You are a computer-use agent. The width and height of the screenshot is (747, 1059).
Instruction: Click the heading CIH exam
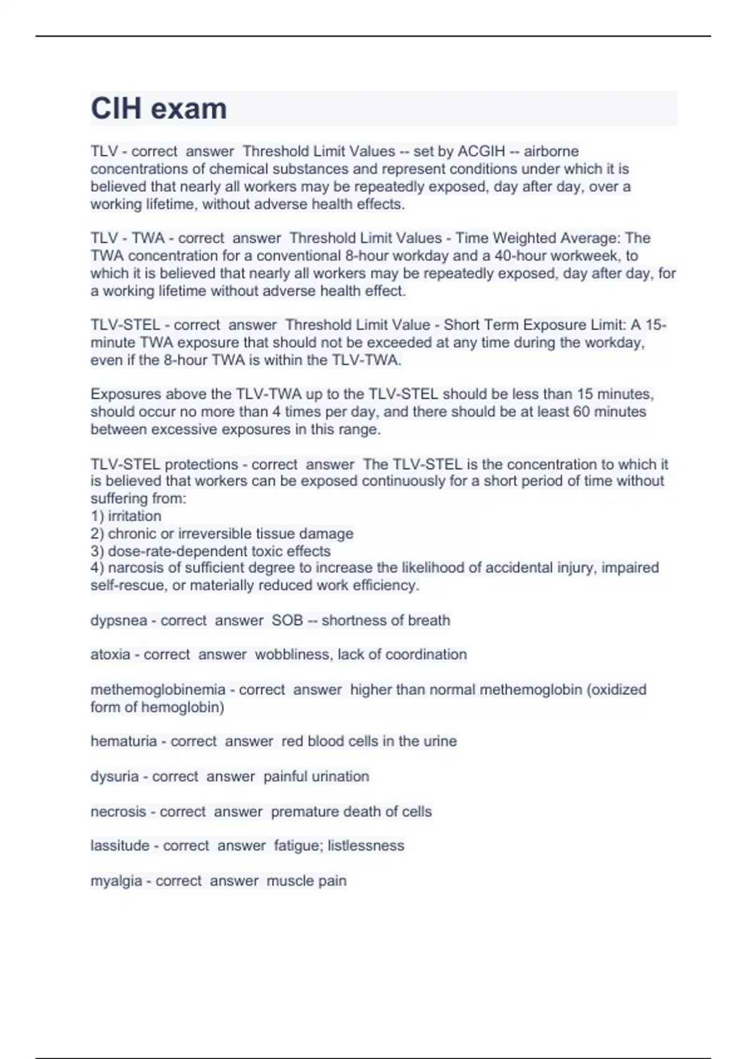pyautogui.click(x=159, y=109)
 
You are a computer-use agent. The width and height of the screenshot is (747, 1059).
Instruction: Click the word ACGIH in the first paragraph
pyautogui.click(x=481, y=151)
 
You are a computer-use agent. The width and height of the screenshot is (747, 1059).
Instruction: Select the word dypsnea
pyautogui.click(x=119, y=621)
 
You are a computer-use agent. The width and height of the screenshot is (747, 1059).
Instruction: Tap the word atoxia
pyautogui.click(x=111, y=655)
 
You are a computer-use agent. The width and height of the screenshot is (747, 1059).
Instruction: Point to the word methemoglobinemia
pyautogui.click(x=158, y=690)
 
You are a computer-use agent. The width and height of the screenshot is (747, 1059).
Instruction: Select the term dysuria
pyautogui.click(x=115, y=777)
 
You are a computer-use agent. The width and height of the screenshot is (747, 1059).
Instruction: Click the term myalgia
pyautogui.click(x=116, y=881)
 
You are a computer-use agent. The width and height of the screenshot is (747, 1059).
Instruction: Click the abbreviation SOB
pyautogui.click(x=287, y=620)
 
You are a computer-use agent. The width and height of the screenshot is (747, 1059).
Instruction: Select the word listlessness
pyautogui.click(x=366, y=846)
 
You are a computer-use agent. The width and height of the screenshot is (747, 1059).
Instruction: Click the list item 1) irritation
pyautogui.click(x=126, y=516)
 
